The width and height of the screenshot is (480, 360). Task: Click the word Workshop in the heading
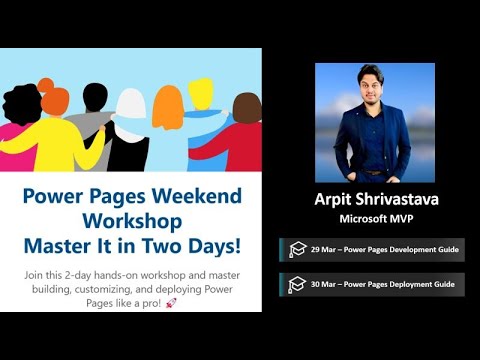133,219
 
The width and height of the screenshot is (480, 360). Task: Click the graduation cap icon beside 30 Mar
297,285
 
